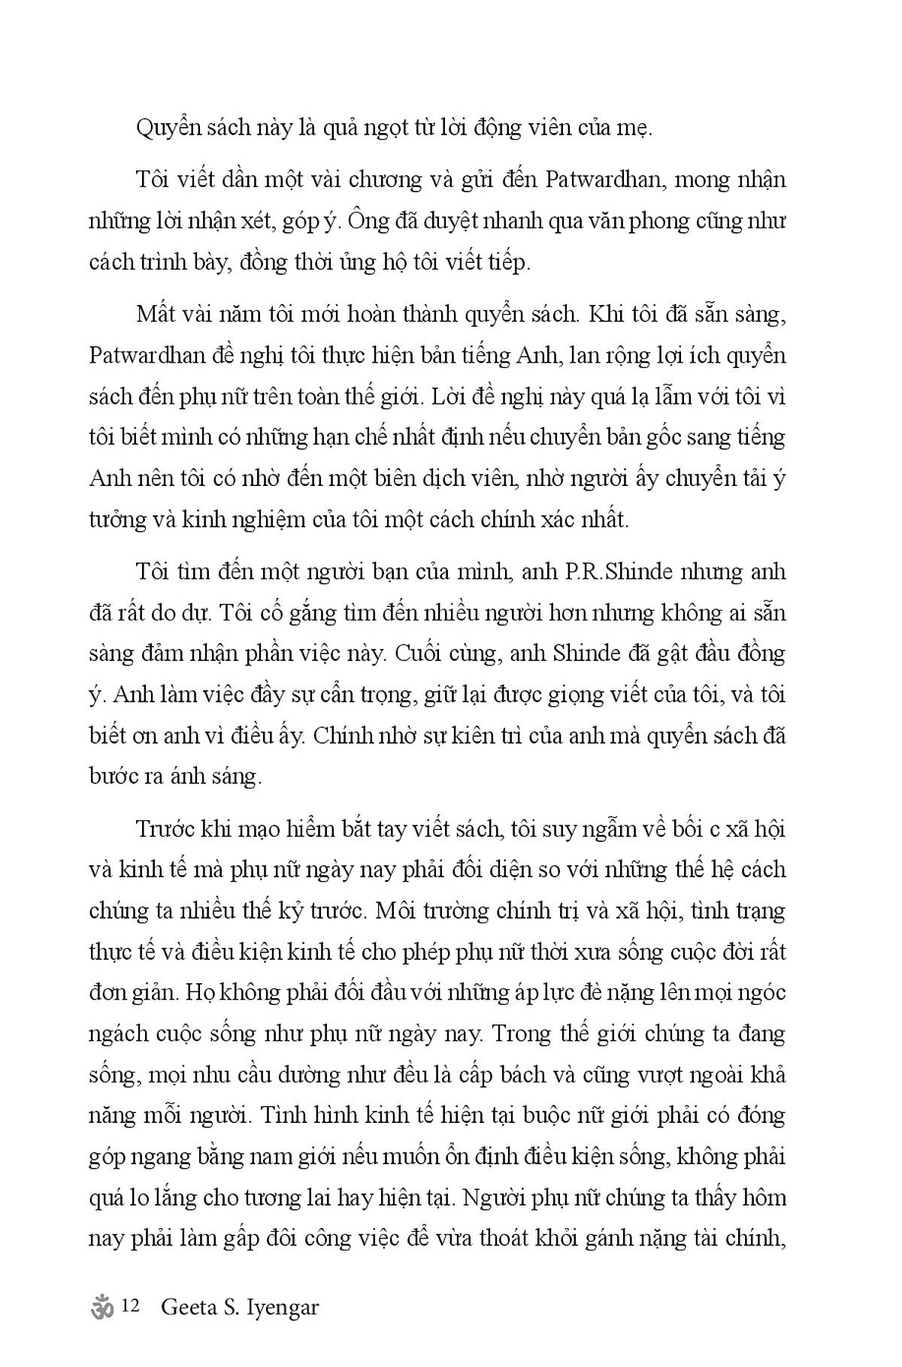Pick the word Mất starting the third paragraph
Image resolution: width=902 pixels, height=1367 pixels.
[158, 313]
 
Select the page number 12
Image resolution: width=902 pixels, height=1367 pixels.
[129, 1307]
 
